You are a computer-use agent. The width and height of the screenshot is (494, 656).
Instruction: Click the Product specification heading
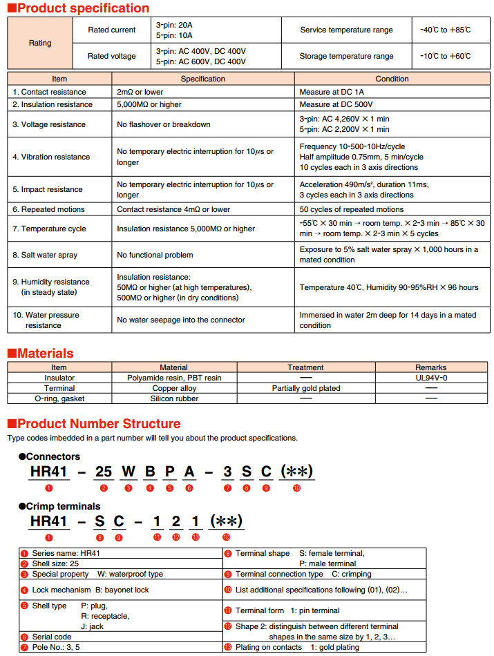pos(82,8)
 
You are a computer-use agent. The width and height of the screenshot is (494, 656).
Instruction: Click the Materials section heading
pos(45,353)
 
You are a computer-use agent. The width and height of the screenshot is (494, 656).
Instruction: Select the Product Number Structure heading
pos(98,423)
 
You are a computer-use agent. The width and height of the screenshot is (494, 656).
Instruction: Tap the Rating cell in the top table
pos(40,43)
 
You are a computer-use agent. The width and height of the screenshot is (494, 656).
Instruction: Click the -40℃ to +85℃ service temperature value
pos(446,30)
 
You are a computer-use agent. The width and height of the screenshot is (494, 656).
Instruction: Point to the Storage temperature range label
pos(346,56)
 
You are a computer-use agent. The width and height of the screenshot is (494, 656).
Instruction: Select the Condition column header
pos(392,79)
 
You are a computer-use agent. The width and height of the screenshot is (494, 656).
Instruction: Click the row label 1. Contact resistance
pos(49,92)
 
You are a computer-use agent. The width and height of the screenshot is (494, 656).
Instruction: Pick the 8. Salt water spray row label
pos(45,255)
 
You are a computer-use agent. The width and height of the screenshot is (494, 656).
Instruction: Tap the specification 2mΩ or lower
pos(140,92)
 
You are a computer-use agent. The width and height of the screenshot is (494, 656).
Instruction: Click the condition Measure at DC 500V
pos(336,104)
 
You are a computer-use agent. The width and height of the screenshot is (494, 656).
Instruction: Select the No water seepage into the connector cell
pos(181,320)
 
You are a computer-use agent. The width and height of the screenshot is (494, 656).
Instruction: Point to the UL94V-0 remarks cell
pos(431,378)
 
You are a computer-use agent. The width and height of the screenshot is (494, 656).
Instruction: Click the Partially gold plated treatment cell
pos(306,388)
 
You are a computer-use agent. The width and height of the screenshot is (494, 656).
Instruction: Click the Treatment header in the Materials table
pos(306,367)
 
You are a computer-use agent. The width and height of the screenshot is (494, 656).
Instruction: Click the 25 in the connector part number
pos(104,472)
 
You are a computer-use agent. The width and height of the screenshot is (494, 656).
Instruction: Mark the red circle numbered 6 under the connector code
pos(189,488)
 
